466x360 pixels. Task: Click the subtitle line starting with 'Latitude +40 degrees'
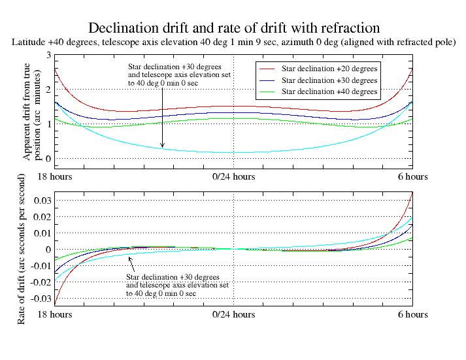pyautogui.click(x=233, y=42)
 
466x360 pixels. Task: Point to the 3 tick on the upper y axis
pyautogui.click(x=48, y=56)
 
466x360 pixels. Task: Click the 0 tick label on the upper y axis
pyautogui.click(x=48, y=158)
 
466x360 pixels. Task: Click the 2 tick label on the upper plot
pyautogui.click(x=48, y=90)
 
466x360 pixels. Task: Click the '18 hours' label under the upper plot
pyautogui.click(x=54, y=177)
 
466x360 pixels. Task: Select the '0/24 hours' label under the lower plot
pyautogui.click(x=233, y=315)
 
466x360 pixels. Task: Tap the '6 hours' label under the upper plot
pyautogui.click(x=412, y=177)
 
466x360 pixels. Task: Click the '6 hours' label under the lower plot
pyautogui.click(x=412, y=315)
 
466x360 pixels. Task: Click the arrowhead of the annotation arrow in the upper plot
pyautogui.click(x=162, y=146)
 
